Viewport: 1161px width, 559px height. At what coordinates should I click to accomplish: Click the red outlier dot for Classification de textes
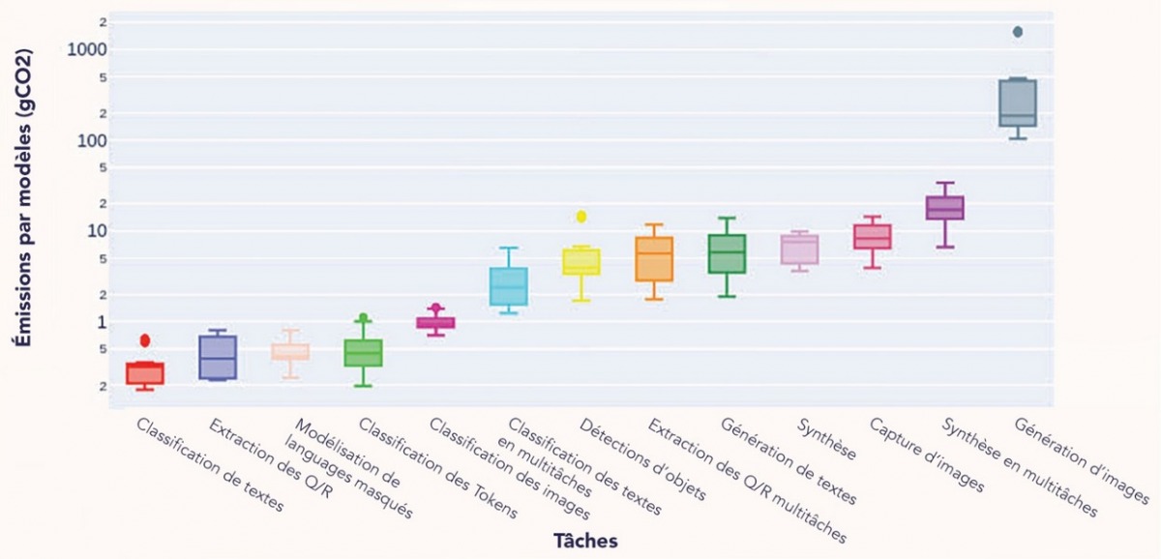pos(145,339)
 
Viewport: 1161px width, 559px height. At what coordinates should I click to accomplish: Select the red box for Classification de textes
pos(145,373)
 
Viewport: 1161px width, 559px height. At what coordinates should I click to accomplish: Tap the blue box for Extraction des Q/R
pos(218,357)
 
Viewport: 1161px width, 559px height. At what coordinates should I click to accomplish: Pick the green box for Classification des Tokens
pos(363,353)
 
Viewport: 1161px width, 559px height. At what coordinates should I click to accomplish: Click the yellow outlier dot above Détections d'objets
pos(580,217)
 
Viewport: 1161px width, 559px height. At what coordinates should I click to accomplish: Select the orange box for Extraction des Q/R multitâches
pos(654,259)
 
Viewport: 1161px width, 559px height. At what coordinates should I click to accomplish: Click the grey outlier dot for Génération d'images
pos(1017,32)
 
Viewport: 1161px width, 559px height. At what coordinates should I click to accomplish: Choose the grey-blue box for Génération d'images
pos(1017,103)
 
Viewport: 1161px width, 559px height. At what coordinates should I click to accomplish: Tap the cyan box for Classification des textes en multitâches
pos(508,286)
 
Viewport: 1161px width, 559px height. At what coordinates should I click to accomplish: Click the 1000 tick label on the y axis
pos(87,49)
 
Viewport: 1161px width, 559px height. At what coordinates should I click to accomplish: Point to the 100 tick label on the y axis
pos(93,140)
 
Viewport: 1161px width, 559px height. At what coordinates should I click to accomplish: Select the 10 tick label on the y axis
pos(98,231)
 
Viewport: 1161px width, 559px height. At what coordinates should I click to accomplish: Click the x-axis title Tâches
pos(585,539)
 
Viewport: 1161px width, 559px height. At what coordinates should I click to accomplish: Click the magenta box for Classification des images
pos(435,323)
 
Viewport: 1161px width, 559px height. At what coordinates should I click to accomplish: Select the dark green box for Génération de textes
pos(727,253)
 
